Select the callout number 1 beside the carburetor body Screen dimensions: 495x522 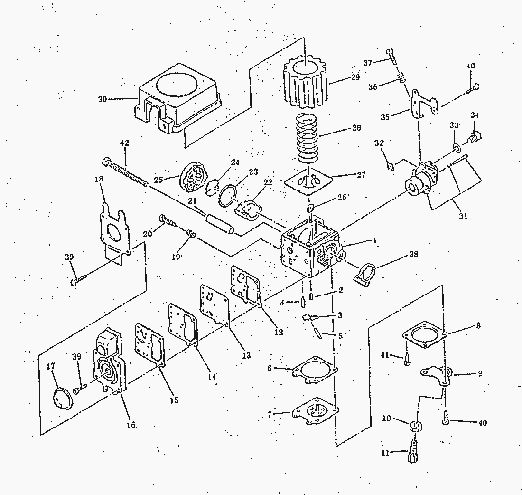pos(374,241)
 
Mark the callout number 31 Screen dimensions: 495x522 pos(463,216)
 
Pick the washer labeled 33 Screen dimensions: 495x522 pos(456,149)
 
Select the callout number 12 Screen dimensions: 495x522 pos(278,332)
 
